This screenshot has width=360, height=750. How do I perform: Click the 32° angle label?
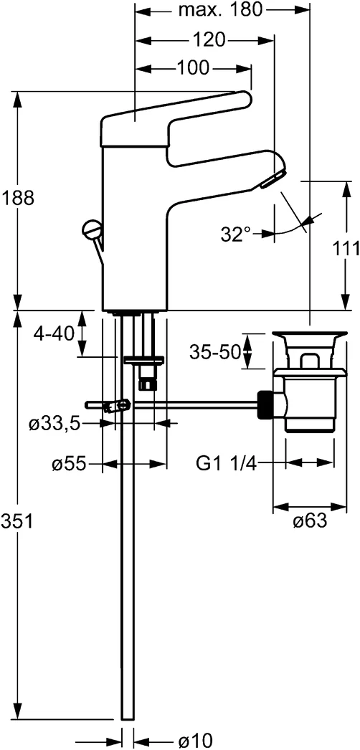(236, 233)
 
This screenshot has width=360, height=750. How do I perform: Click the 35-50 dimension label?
(214, 351)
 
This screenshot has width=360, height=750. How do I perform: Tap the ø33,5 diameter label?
(54, 424)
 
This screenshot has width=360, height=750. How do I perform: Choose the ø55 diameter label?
(68, 465)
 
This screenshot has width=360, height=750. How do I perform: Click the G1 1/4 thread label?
(226, 464)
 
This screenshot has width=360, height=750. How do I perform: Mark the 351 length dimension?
(17, 523)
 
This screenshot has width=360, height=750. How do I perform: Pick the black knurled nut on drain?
(266, 404)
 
